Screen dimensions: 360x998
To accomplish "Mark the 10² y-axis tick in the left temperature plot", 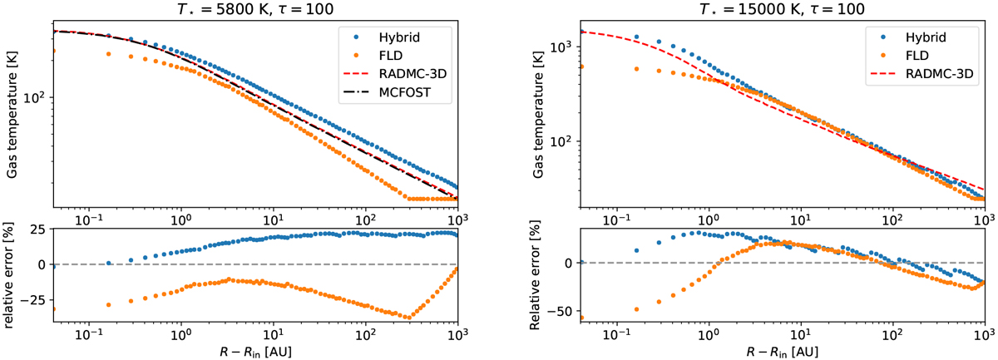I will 33,97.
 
